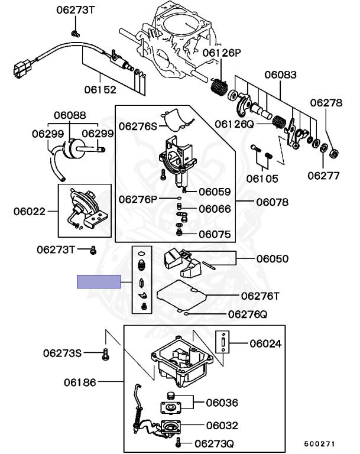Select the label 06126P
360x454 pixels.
[222, 53]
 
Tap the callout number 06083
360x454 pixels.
[281, 75]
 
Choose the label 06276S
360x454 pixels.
[138, 125]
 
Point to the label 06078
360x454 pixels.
[272, 202]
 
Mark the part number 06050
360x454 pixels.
[272, 258]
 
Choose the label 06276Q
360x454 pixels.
[248, 314]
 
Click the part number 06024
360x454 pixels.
[265, 343]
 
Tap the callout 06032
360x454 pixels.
[222, 424]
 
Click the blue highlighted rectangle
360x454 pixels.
[99, 281]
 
